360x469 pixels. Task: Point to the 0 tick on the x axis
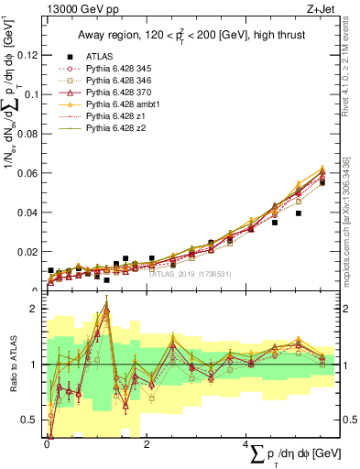[47, 444]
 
